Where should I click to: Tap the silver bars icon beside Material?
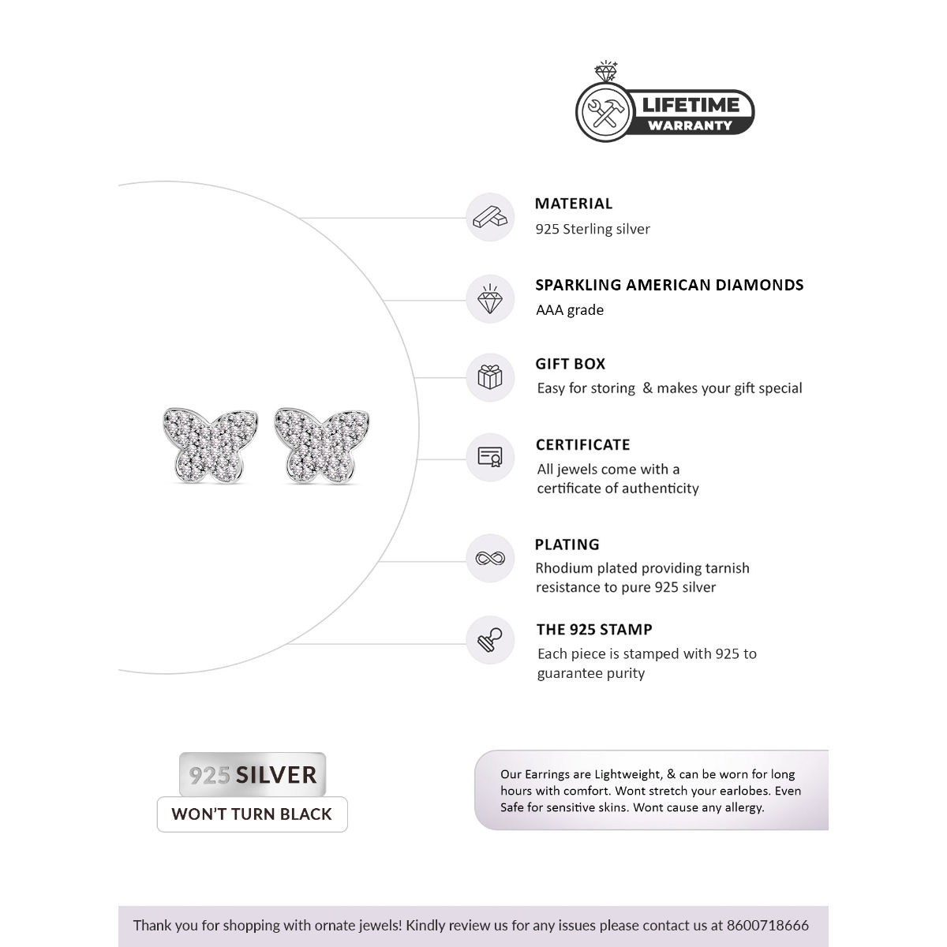(490, 217)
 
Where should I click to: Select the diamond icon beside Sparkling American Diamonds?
(490, 299)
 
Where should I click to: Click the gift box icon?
(490, 377)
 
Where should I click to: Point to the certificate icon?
(490, 457)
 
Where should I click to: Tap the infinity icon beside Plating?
(490, 559)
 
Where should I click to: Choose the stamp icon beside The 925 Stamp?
(490, 640)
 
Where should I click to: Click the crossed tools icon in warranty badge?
(605, 112)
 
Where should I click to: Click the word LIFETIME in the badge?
(690, 105)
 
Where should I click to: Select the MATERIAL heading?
(574, 204)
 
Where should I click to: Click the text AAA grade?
(570, 310)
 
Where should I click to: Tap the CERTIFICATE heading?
(583, 445)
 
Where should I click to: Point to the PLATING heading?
(567, 545)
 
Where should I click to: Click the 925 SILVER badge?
(253, 775)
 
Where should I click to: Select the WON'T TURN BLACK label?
(252, 814)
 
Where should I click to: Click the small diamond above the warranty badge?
(606, 73)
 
